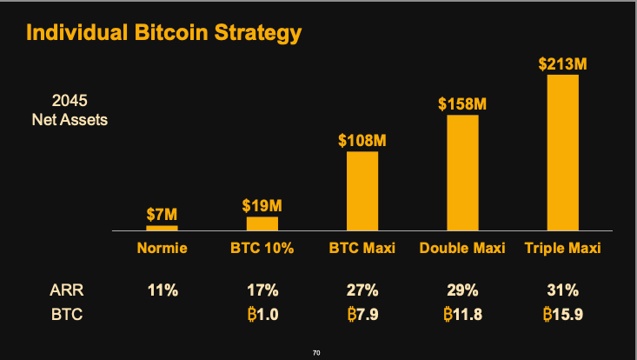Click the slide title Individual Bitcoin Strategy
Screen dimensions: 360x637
point(164,33)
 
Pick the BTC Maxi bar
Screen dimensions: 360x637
point(362,190)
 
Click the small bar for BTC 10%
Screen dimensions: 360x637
point(262,223)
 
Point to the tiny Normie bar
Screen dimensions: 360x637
point(162,228)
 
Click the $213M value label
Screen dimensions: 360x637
point(562,63)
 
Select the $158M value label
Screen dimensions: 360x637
point(462,103)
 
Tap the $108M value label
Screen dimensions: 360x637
point(362,140)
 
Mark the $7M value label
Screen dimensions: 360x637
point(162,214)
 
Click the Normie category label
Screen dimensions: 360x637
point(162,249)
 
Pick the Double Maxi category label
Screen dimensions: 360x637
point(462,249)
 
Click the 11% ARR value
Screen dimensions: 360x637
point(162,290)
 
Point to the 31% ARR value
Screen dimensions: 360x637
point(562,290)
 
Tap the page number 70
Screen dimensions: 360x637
point(317,352)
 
